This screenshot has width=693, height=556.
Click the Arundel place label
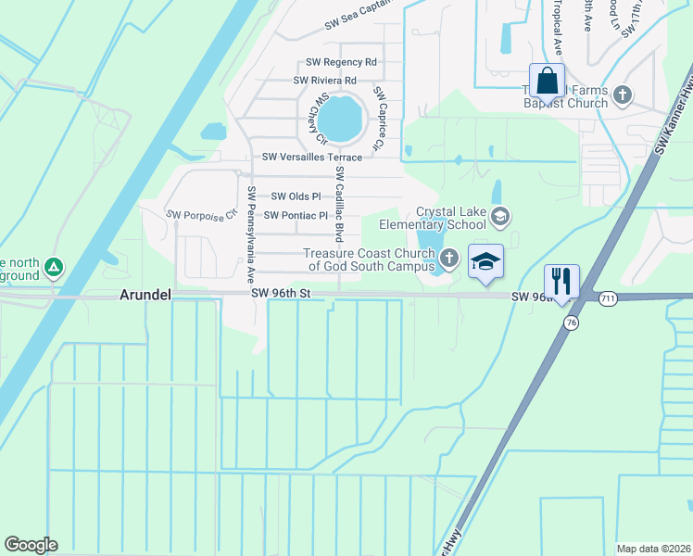point(145,295)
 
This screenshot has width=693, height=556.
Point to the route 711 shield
point(608,297)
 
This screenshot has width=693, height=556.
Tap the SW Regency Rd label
point(341,62)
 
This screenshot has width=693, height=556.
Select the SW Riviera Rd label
point(324,81)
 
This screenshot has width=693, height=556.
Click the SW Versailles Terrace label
point(312,158)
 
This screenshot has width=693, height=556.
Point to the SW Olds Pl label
point(296,196)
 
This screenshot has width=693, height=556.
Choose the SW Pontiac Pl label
point(296,216)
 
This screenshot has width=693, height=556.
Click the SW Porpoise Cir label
point(196,216)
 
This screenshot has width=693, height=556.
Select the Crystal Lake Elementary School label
point(451,218)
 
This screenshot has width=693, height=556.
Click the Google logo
point(31,545)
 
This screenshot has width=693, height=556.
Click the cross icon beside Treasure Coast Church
point(448,258)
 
